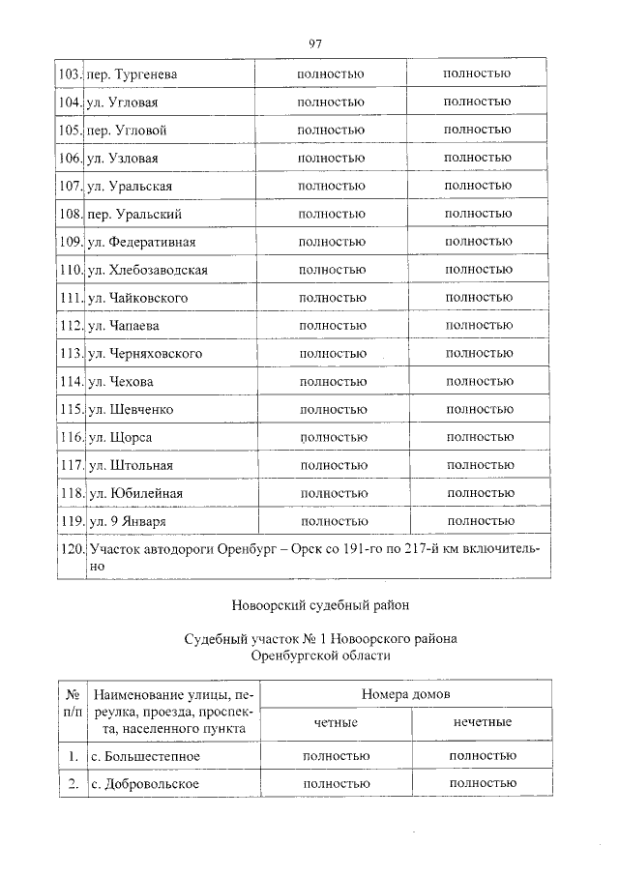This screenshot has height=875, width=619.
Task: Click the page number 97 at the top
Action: click(314, 44)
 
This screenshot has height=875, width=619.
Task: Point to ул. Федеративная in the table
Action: click(141, 242)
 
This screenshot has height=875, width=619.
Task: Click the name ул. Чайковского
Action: click(137, 298)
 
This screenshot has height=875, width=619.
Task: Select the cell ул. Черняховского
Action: click(144, 354)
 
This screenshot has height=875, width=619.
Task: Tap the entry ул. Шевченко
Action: click(131, 410)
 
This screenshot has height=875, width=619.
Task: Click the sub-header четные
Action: click(336, 722)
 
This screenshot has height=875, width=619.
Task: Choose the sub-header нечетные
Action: click(482, 722)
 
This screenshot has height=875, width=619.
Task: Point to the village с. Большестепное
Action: click(147, 755)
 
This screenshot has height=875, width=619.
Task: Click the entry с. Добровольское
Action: click(144, 783)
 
